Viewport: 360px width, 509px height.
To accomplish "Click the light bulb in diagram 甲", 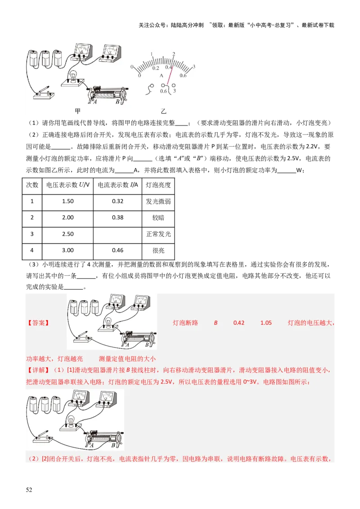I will pos(71,76).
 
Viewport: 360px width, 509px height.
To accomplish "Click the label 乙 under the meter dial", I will pos(163,111).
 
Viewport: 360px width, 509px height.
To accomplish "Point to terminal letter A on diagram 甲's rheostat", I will pos(95,102).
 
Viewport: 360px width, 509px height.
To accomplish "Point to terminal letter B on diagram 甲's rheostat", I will pos(117,102).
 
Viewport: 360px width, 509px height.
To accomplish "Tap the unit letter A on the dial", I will pos(161,76).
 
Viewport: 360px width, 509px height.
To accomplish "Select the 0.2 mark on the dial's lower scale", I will pos(156,68).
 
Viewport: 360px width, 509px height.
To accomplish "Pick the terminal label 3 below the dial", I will pos(174,91).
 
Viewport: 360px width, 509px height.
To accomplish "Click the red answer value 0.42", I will pos(238,323).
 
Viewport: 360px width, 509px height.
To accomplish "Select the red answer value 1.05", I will pos(265,323).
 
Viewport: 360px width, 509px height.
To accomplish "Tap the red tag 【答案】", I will pos(38,323).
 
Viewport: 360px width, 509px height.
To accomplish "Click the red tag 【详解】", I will pos(38,370).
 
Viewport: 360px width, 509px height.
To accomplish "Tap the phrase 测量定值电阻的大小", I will pos(127,358).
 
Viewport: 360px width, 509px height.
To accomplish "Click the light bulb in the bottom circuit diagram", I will pos(70,420).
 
